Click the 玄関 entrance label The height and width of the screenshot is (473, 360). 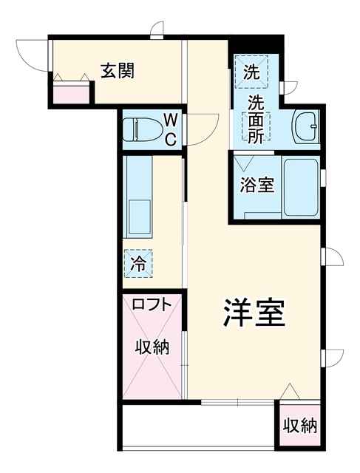118,71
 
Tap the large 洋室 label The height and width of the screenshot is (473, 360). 254,313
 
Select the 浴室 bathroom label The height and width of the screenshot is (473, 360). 257,185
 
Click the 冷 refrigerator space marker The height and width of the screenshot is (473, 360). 138,263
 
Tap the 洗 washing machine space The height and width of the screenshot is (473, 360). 251,72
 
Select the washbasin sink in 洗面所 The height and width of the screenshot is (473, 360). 305,126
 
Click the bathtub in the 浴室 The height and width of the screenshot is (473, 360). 301,187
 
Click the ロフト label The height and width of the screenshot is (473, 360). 152,304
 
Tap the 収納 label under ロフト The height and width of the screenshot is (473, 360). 152,347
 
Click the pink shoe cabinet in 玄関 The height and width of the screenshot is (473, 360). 71,92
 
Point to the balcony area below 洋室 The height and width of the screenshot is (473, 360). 198,426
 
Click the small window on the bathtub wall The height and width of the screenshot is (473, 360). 323,177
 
